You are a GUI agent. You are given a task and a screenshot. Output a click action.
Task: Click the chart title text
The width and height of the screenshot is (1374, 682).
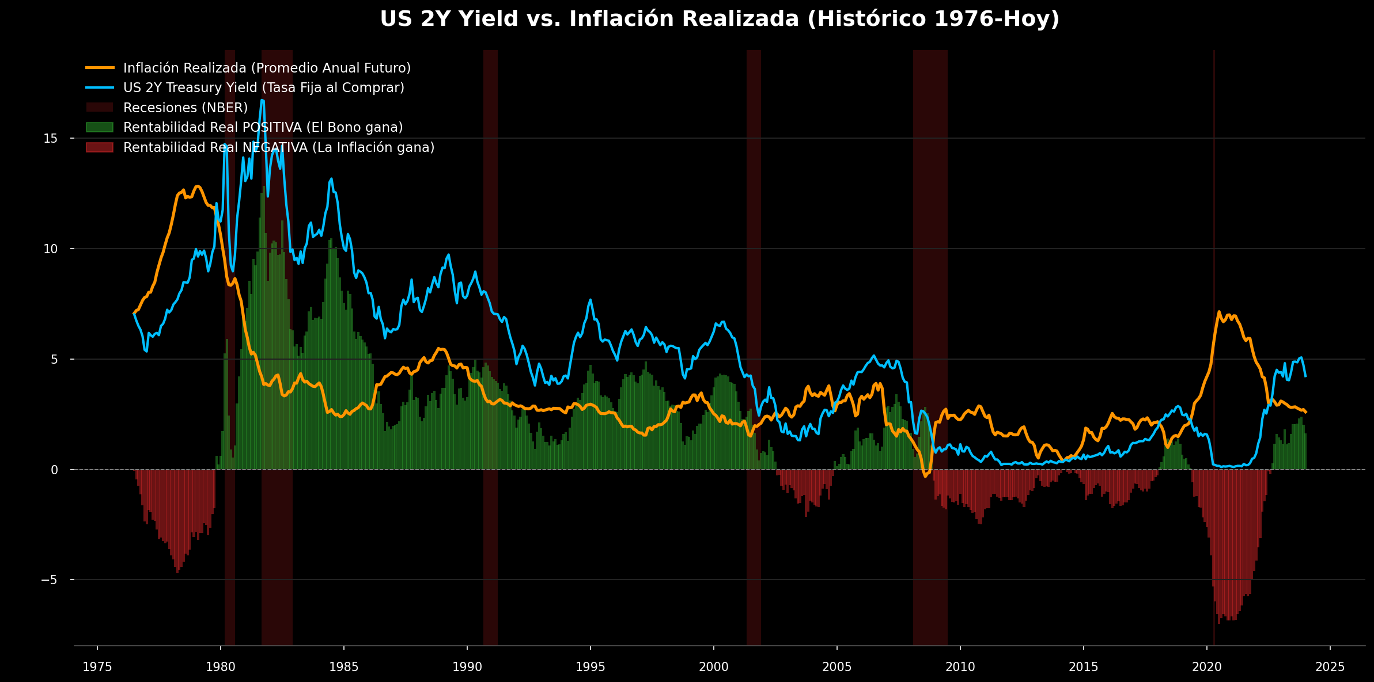coord(720,19)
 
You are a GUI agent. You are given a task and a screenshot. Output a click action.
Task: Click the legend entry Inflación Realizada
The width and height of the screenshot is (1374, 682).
coord(267,68)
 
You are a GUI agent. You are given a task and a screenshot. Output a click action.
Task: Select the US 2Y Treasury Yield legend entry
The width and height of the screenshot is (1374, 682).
coord(263,87)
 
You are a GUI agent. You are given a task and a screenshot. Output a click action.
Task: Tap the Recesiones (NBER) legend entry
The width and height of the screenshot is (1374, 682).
coord(185,108)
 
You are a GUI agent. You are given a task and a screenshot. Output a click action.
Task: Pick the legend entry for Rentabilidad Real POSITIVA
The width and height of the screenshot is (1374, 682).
coord(263,127)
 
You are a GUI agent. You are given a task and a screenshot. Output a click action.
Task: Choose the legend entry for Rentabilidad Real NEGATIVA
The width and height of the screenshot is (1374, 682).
coord(278,147)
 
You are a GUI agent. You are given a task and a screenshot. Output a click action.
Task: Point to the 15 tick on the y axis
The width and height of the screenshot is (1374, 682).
coord(51,138)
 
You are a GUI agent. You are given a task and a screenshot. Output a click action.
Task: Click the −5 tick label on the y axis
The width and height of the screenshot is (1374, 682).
coord(49,580)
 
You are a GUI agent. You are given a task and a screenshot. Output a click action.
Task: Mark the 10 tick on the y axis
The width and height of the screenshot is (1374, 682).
coord(51,249)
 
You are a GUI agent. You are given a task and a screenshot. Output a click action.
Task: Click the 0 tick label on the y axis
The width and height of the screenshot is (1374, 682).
coord(54,470)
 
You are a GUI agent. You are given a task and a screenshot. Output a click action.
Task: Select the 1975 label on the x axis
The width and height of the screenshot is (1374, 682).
coord(97,667)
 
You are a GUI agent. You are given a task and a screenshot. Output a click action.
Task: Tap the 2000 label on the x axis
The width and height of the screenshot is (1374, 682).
coord(713,667)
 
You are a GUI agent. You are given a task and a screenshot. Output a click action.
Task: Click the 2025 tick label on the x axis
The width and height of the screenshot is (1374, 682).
coord(1330,667)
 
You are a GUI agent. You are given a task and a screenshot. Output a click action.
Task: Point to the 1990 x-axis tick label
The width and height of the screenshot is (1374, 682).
coord(467,667)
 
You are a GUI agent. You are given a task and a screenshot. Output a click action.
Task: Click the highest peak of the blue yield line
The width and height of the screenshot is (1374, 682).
coord(262,101)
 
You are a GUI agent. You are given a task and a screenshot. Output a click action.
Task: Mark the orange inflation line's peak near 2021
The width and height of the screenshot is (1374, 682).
coord(1218,312)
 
